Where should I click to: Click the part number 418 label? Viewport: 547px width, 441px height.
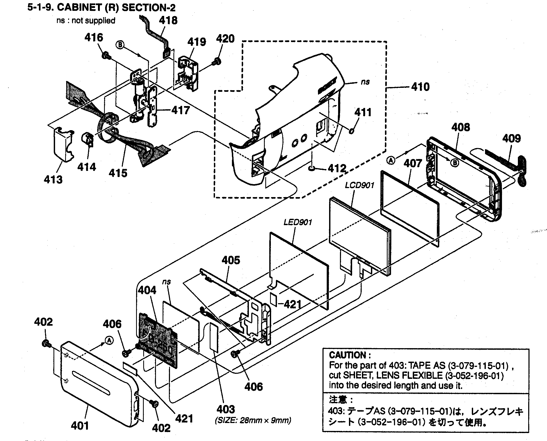pos(168,20)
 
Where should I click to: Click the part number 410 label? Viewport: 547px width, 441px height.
pos(420,87)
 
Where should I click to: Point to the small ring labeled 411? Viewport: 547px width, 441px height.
pos(352,130)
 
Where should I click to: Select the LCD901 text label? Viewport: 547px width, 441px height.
pos(360,185)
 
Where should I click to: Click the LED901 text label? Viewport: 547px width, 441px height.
pos(298,222)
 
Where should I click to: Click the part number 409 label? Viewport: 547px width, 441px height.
pos(511,138)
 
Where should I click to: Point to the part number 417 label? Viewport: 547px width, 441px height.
pos(181,110)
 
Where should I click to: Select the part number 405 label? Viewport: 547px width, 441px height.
pos(231,260)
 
